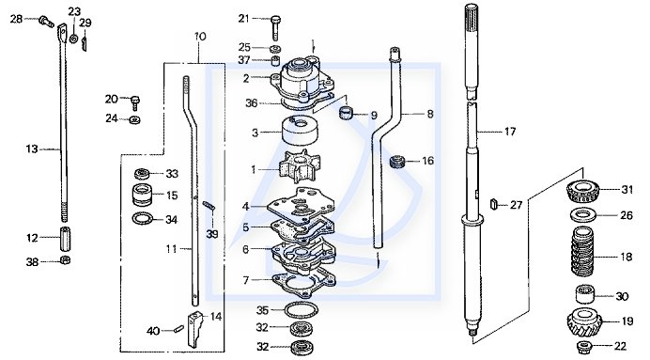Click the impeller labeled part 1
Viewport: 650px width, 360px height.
pos(295,167)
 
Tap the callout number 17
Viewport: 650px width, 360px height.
pos(510,132)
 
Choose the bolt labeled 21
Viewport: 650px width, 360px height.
pos(276,27)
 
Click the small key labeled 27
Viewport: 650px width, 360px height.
pos(493,204)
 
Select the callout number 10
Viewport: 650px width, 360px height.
pos(200,37)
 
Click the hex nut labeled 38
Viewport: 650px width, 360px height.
pos(65,260)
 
